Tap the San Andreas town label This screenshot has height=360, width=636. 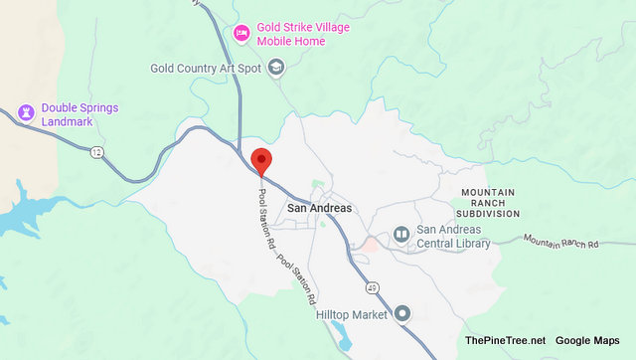(x=315, y=209)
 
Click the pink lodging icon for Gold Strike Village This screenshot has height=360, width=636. (x=240, y=34)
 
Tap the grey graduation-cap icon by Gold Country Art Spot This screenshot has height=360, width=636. (x=276, y=68)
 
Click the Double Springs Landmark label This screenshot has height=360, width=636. (x=76, y=114)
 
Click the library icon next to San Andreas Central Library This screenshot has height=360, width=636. (x=400, y=235)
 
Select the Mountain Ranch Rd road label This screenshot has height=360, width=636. (x=562, y=242)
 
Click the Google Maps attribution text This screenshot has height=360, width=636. (x=587, y=341)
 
